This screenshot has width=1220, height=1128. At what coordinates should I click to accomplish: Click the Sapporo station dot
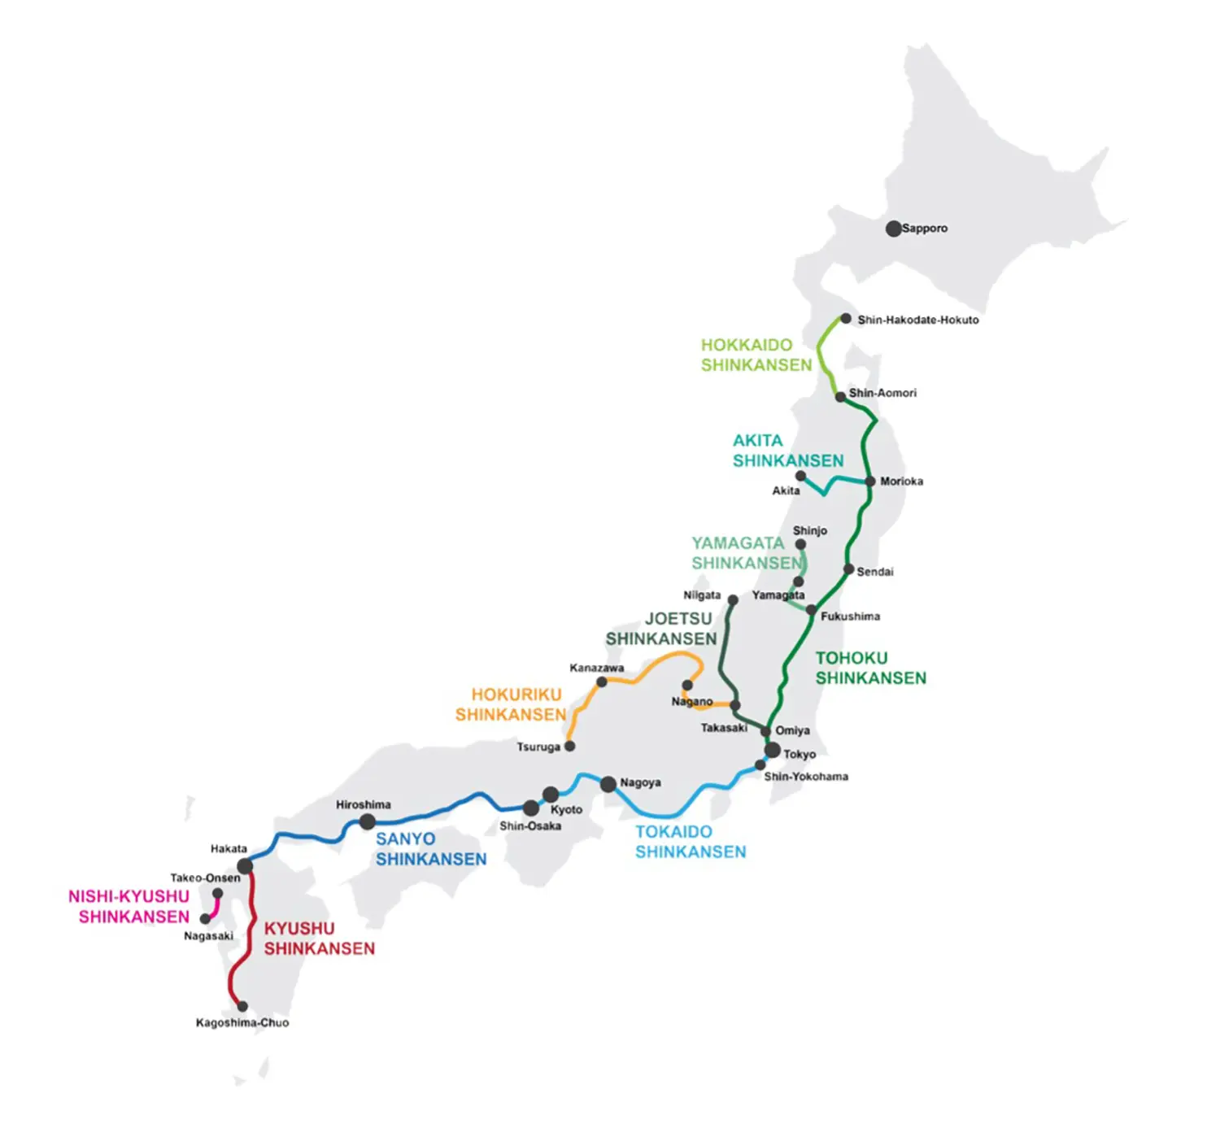point(893,229)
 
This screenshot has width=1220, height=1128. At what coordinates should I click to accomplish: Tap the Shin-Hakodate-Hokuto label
point(917,320)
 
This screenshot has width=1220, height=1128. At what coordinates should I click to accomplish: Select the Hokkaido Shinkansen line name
point(756,355)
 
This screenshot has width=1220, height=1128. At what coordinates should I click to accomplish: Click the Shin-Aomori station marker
point(840,397)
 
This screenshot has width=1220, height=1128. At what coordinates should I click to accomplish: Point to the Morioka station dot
point(870,481)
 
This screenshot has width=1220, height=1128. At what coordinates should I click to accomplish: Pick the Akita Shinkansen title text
point(787,451)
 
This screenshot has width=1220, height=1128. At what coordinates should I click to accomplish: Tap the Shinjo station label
point(809,530)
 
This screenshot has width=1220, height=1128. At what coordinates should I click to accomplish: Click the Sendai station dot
point(848,569)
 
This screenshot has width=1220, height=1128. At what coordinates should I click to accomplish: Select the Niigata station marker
point(732,600)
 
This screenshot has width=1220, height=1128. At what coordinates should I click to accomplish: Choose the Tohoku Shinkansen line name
point(870,668)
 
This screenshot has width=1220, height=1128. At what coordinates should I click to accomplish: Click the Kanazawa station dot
point(602,682)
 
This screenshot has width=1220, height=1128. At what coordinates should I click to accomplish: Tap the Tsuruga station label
point(538,747)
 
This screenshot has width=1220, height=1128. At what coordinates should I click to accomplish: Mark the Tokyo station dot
point(773,750)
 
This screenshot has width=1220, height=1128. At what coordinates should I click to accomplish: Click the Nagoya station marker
point(608,785)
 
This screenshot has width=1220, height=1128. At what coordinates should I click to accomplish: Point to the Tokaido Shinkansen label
point(690,842)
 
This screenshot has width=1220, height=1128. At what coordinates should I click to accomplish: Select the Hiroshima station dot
point(368,821)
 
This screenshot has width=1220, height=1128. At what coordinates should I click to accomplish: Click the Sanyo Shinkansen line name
point(430,849)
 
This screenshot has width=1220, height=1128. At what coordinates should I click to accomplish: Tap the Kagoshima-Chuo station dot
point(242,1006)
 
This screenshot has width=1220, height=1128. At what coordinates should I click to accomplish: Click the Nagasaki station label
point(208,936)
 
